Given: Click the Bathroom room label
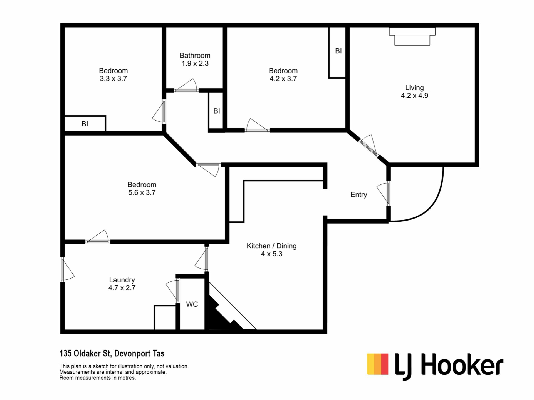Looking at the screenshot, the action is [x=195, y=56].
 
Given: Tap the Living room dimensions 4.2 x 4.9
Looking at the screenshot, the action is [x=414, y=96].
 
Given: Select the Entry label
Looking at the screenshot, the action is [x=359, y=195].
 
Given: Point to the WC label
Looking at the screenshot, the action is [x=192, y=304].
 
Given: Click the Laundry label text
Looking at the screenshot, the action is [x=122, y=280].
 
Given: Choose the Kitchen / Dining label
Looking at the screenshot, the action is [x=271, y=246].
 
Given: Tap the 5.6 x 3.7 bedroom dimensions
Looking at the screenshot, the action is [x=142, y=192].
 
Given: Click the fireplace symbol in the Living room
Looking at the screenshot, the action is [x=412, y=36].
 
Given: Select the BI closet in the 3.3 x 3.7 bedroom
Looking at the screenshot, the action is [x=85, y=123].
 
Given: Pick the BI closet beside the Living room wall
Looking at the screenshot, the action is [x=337, y=52].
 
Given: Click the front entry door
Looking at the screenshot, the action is [x=384, y=194].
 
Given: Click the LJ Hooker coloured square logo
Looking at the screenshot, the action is [x=377, y=364].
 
